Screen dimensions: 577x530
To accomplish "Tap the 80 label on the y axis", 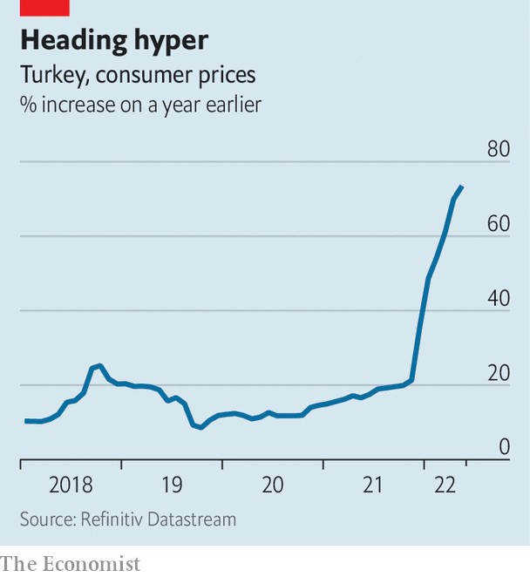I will tap(498, 149).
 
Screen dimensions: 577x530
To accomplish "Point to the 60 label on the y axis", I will tap(498, 223).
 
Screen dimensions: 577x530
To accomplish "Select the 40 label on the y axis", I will tap(498, 298).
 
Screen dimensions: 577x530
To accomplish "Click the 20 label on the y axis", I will tap(498, 372).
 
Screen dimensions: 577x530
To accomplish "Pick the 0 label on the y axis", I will tap(503, 447).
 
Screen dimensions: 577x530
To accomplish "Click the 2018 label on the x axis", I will tap(70, 485).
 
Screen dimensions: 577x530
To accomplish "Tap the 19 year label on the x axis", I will tap(172, 485).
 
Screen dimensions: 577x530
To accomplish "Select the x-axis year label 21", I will tap(373, 485).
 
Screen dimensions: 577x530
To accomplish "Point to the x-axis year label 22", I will tap(445, 485).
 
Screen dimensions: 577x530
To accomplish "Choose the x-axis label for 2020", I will tap(273, 485).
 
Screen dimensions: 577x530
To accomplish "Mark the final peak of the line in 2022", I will tap(462, 187).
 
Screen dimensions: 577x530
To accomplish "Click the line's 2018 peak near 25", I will tap(100, 365).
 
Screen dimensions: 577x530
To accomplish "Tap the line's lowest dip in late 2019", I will tap(201, 427).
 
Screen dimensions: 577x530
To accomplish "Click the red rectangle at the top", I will tap(44, 7).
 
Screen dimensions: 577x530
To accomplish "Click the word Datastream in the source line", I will tap(194, 519).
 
